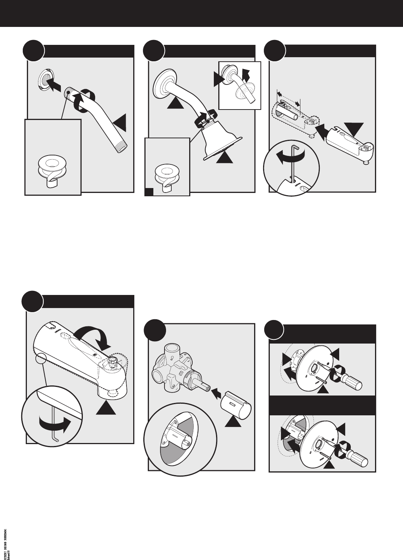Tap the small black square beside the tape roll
[149, 192]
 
